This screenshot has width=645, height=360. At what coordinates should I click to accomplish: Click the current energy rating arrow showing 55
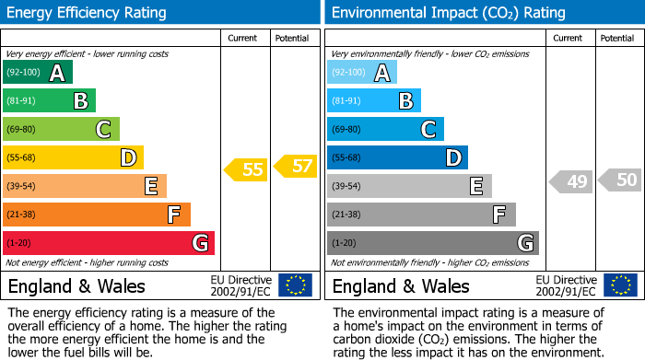coord(245,169)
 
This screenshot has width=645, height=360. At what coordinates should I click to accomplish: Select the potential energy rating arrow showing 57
coord(296,167)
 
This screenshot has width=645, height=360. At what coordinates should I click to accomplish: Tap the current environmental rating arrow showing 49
coord(569,181)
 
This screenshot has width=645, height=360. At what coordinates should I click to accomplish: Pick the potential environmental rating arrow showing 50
coord(620,180)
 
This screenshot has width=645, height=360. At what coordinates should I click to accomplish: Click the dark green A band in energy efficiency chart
coord(38,73)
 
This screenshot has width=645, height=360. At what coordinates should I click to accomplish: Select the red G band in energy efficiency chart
coord(109,243)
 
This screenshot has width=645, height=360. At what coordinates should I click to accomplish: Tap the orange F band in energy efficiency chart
coord(97,215)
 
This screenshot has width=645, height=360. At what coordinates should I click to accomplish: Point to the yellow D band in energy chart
coord(73,157)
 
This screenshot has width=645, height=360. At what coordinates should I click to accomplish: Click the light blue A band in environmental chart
coord(362,73)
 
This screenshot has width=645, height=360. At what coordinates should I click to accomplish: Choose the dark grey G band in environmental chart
coord(433,243)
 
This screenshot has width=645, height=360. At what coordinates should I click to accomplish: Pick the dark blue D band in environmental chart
coord(397,157)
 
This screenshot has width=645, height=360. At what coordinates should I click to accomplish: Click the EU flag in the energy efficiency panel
coord(295,285)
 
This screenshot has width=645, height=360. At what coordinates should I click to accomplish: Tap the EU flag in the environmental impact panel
coord(619,285)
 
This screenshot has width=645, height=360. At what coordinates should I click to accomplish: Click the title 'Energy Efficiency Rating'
coord(88,13)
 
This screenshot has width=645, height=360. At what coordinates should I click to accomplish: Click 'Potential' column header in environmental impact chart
coord(617,38)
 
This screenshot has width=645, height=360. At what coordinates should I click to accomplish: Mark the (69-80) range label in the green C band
coord(22,130)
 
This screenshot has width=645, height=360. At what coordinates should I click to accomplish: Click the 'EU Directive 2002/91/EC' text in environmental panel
coord(566,285)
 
